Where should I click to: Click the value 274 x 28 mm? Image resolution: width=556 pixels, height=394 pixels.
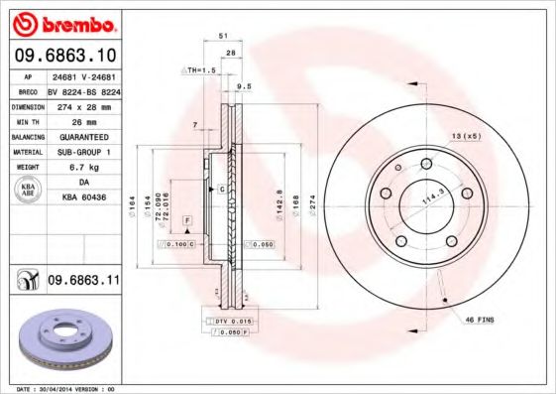[x=83, y=104]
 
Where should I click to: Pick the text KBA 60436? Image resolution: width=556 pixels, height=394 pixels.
[x=83, y=197]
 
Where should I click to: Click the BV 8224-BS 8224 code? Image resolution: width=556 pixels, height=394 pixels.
[x=83, y=88]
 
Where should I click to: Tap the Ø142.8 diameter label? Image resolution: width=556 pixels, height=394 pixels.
[x=278, y=203]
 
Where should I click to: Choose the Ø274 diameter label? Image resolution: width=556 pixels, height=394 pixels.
[x=310, y=203]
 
